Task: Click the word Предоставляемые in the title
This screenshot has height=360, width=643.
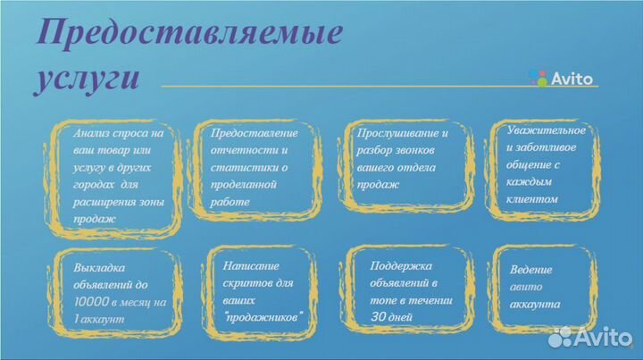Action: [189, 33]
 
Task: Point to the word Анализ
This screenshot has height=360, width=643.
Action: [93, 132]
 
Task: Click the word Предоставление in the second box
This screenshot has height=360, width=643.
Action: [255, 132]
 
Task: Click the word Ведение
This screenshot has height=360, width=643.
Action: [531, 270]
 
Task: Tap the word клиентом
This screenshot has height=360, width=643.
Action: [533, 199]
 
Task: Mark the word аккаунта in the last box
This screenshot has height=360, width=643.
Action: [535, 304]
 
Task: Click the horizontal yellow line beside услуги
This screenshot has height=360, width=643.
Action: [339, 86]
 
